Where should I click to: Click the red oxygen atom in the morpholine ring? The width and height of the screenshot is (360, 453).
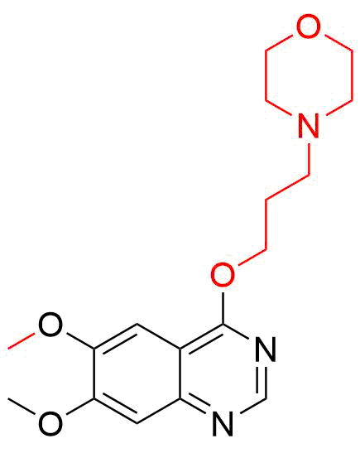[x=309, y=26]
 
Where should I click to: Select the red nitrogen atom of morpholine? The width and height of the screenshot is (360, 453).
[x=309, y=126]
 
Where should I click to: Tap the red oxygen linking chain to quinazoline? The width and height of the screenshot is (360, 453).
[x=223, y=275]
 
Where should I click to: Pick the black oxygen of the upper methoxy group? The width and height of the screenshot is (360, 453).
[x=50, y=325]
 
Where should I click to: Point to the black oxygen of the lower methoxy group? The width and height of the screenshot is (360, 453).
[x=50, y=423]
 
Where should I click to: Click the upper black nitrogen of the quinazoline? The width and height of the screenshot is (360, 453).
[x=266, y=349]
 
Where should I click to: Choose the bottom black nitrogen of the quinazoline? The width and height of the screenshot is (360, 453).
[x=223, y=423]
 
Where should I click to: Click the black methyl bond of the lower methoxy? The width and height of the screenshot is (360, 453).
[x=22, y=407]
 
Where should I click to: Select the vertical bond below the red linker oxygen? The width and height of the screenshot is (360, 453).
[x=223, y=308]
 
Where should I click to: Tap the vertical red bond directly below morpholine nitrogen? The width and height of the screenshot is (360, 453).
[x=309, y=159]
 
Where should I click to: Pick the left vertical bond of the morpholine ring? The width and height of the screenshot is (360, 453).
[x=266, y=75]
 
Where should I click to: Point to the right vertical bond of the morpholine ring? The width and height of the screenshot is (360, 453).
[x=352, y=75]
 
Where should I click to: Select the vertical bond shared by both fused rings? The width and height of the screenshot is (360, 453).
[x=180, y=373]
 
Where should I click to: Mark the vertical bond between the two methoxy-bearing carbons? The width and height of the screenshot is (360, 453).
[x=94, y=373]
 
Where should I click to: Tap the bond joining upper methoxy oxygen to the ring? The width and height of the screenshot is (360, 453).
[x=80, y=341]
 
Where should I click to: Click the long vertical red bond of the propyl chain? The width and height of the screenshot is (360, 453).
[x=266, y=224]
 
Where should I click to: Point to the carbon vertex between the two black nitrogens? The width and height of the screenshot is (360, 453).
[x=266, y=399]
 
